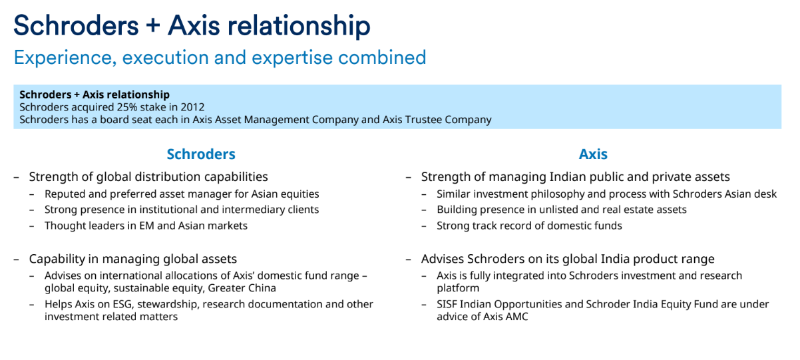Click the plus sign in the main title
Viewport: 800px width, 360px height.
click(152, 26)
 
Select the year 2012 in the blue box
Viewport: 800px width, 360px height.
click(192, 107)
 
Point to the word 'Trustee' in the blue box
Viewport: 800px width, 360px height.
click(423, 120)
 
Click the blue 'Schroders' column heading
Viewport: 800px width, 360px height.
click(201, 154)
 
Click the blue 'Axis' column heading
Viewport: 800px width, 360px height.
click(593, 154)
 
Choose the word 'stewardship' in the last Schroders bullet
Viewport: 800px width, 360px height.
click(167, 305)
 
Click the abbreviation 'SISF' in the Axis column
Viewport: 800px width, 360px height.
click(447, 304)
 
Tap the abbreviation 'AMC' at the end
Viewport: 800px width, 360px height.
click(516, 317)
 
